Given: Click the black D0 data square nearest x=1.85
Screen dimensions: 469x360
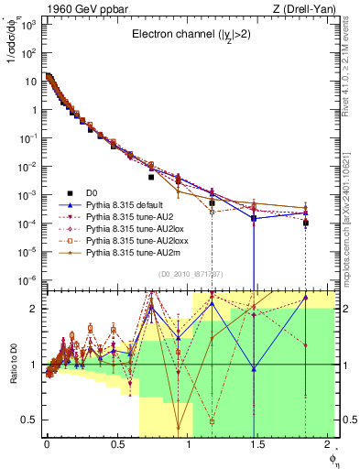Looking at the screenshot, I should pos(306,223).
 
